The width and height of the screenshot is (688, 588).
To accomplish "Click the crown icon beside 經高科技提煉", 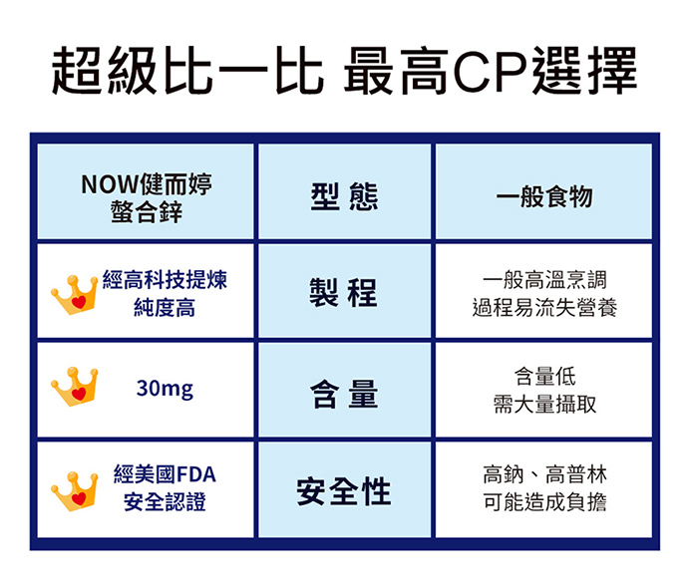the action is coord(74,295).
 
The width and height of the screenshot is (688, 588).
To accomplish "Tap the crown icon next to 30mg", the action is coord(74,387).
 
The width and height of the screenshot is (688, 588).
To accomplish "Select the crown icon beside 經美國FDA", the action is coord(74,491).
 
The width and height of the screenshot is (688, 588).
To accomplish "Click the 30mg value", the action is coord(165,389).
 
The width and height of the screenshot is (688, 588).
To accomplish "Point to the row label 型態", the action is coord(344,197).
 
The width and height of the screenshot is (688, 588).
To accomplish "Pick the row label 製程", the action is coord(343,292).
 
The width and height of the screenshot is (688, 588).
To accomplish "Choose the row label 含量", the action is coord(344,394).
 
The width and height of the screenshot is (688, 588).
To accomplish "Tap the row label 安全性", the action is coord(344,491).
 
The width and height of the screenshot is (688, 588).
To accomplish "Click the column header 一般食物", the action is coord(544,196).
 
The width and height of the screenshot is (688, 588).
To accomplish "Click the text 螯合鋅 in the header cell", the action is coord(147,211).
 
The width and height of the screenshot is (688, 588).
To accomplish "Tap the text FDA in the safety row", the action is coord(196,474).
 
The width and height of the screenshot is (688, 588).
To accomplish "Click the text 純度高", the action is coord(165,307).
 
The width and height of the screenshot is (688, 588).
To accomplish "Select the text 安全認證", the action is coord(165,501).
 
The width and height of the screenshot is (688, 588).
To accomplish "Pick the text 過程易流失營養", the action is coord(544,307).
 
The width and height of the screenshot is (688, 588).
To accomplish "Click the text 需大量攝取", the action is coord(544,404).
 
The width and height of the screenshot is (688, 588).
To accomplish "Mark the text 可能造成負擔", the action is coord(544,501).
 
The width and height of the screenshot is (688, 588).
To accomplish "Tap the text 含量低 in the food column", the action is coord(544,376).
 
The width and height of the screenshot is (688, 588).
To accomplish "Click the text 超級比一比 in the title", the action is coord(187,71).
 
